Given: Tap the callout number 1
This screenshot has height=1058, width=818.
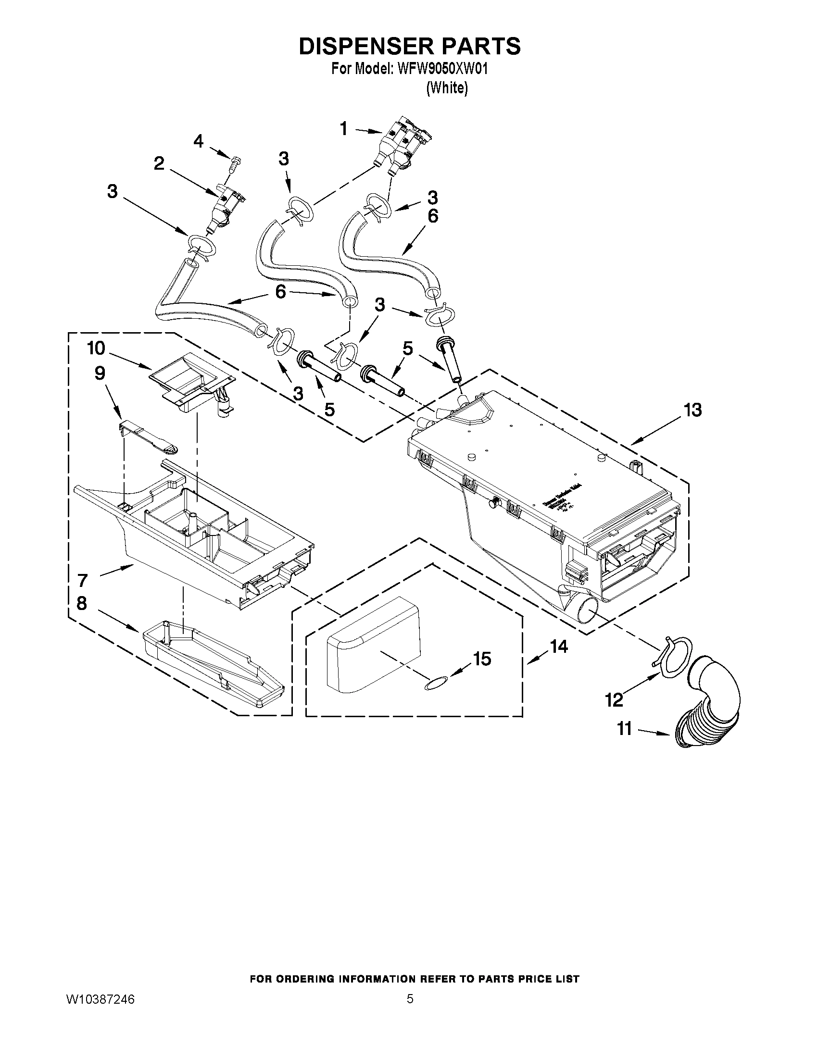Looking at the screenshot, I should [343, 129].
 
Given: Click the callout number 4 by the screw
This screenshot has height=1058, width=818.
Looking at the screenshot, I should [199, 141].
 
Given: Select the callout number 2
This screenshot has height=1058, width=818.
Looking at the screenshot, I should [159, 164].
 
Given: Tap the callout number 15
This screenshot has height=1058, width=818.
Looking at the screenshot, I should [482, 659].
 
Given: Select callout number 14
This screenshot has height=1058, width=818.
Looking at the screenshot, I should [559, 646].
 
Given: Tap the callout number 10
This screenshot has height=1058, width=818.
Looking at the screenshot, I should [96, 348].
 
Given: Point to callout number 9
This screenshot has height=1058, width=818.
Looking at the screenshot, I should [100, 373].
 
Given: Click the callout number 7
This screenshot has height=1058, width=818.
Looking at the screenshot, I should [82, 579].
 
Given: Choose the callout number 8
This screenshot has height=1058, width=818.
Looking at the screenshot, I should [81, 603].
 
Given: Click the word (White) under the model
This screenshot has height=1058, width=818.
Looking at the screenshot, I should [447, 88].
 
